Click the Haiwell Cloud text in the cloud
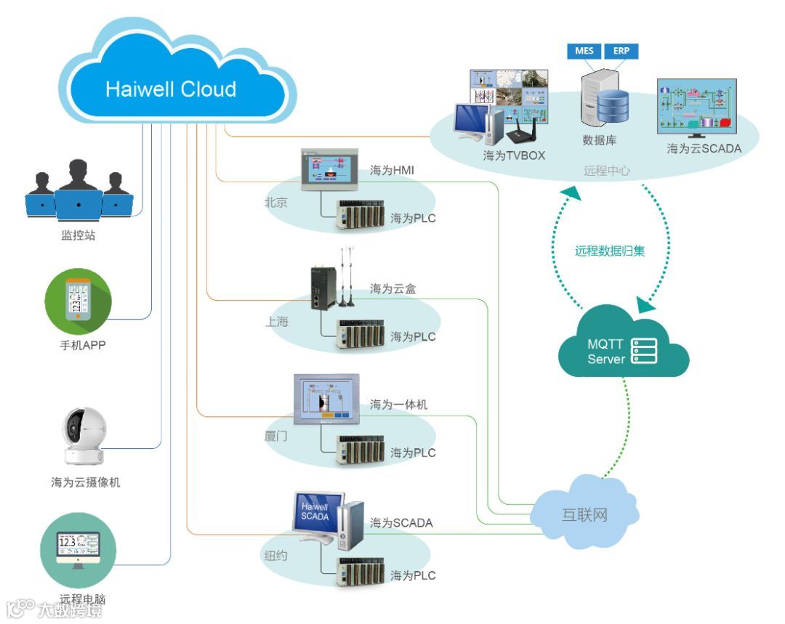coord(171,89)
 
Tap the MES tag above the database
coord(584,51)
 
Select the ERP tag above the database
coord(621,51)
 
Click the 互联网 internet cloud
coord(585,515)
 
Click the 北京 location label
coord(275,203)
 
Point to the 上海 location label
coord(276,321)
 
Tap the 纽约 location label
coord(275,556)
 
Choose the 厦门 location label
coord(276,438)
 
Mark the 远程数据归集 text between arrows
coord(610,251)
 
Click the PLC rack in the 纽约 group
coord(360,574)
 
